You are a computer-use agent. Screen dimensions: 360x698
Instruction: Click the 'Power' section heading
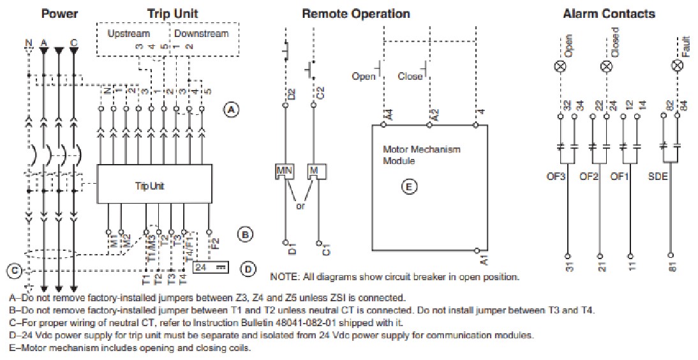coord(59,13)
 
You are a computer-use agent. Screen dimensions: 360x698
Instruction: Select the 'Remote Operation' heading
coord(355,13)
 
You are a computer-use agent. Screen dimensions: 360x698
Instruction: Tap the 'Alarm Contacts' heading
coord(609,13)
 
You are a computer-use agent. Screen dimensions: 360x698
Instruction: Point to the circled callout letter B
coord(246,235)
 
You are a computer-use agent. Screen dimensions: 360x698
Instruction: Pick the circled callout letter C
coord(13,271)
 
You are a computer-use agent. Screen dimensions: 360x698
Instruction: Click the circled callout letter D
coord(249,268)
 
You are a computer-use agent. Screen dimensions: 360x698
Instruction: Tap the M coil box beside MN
coord(315,171)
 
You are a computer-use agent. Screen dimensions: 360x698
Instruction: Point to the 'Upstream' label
coord(128,33)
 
